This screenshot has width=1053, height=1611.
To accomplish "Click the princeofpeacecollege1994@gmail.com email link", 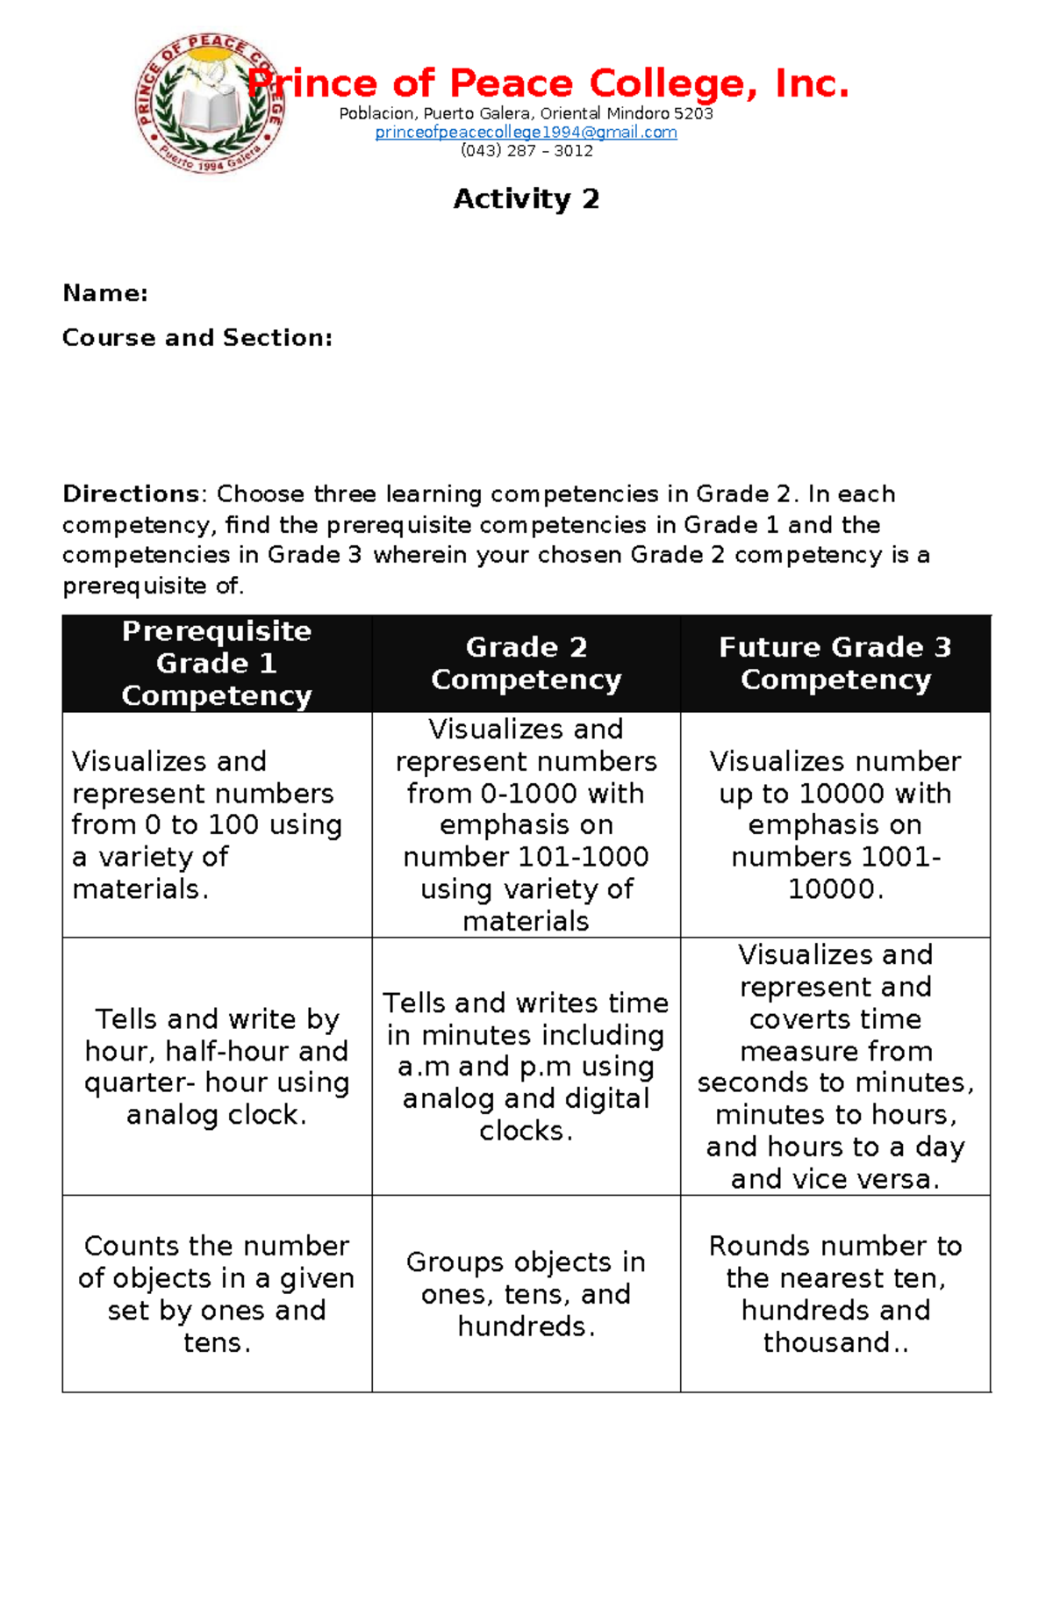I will pyautogui.click(x=526, y=133).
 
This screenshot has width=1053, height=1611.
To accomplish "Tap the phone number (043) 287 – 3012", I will pyautogui.click(x=526, y=151).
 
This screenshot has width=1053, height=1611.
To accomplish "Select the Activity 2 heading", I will pyautogui.click(x=526, y=199).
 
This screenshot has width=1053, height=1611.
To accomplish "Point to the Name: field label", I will pyautogui.click(x=105, y=293).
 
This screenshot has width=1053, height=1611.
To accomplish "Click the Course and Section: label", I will pyautogui.click(x=197, y=338).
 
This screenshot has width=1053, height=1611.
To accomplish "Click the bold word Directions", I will pyautogui.click(x=131, y=494).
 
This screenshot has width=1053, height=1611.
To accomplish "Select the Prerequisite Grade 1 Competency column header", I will pyautogui.click(x=217, y=664).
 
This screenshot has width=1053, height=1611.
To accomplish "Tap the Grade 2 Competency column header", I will pyautogui.click(x=526, y=664).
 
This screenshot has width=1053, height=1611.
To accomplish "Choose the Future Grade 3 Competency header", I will pyautogui.click(x=835, y=664).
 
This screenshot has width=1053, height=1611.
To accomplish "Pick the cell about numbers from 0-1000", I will pyautogui.click(x=526, y=825).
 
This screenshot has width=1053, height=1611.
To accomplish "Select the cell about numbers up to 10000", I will pyautogui.click(x=835, y=825).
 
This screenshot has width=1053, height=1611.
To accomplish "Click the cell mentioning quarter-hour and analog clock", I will pyautogui.click(x=217, y=1067).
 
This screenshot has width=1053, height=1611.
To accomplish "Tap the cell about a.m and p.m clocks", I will pyautogui.click(x=526, y=1067).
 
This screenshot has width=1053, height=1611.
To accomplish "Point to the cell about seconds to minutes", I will pyautogui.click(x=835, y=1067).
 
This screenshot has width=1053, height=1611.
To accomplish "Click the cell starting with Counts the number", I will pyautogui.click(x=217, y=1294).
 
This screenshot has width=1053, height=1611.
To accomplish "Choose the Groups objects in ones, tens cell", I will pyautogui.click(x=526, y=1294).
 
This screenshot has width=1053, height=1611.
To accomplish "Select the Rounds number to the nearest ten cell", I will pyautogui.click(x=835, y=1294).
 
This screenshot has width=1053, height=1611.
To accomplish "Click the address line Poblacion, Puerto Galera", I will pyautogui.click(x=526, y=113).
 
